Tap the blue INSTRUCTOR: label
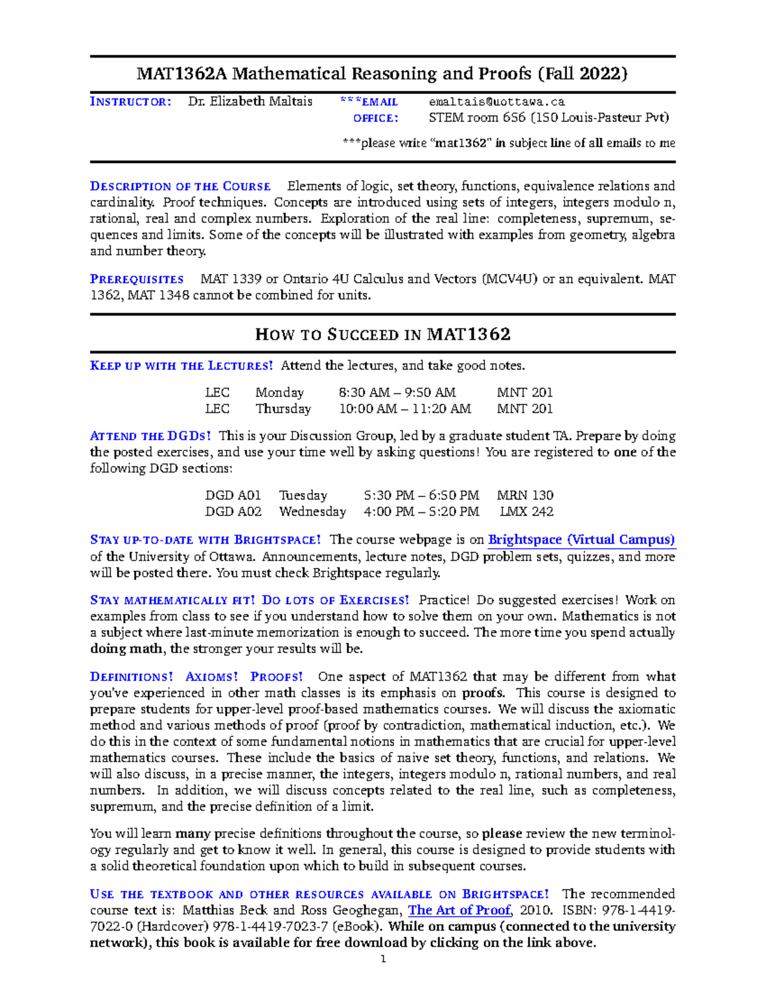point(130,102)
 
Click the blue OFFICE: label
point(375,118)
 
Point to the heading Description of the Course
point(180,187)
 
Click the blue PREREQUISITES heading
point(137,279)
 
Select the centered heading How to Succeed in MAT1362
point(382,334)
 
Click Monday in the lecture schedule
point(279,392)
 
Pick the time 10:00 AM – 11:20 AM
point(405,409)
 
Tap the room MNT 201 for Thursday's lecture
point(525,409)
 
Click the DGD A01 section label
point(233,495)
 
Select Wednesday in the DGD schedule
point(312,512)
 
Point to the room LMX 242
point(526,512)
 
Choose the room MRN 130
point(525,495)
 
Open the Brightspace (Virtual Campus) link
point(581,540)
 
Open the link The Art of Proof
point(460,910)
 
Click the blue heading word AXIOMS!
point(211,676)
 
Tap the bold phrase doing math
point(126,649)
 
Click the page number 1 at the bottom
point(383,959)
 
